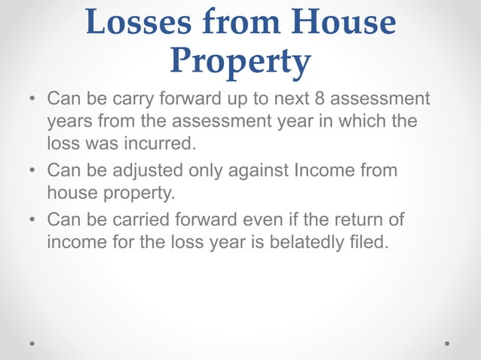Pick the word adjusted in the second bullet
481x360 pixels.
(x=143, y=171)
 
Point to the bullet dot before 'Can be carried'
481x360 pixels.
(x=33, y=221)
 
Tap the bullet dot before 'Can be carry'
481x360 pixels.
(x=33, y=100)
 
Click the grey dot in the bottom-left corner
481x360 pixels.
(x=32, y=343)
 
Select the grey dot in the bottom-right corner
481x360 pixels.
(x=447, y=343)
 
